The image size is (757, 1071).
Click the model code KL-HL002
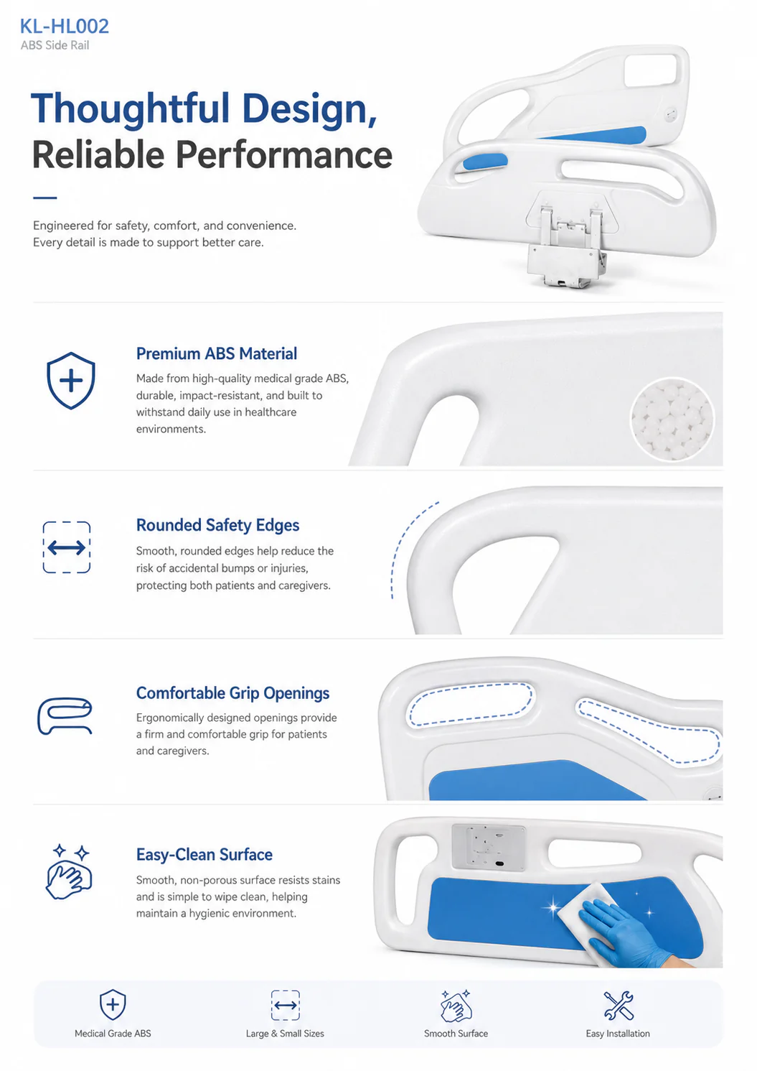click(65, 27)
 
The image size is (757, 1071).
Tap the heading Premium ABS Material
click(217, 354)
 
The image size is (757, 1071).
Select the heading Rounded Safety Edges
click(218, 525)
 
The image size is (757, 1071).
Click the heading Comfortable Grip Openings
click(232, 693)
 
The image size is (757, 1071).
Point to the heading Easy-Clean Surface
click(204, 854)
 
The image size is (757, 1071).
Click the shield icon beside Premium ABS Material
click(71, 381)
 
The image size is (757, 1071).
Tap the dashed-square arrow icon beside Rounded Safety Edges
click(67, 547)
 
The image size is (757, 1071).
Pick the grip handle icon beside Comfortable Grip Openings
click(65, 715)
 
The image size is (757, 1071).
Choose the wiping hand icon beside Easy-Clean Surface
click(69, 871)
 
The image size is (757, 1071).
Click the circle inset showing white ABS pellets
click(672, 419)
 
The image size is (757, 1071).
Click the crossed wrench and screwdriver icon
click(619, 1004)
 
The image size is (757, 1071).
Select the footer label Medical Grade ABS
click(113, 1033)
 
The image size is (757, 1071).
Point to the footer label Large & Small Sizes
click(285, 1033)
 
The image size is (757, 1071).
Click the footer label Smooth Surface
click(456, 1033)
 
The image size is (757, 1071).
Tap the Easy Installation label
click(618, 1033)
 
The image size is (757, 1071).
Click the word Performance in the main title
click(284, 155)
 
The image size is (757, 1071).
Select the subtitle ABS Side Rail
click(55, 45)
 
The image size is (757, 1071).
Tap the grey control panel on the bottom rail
click(488, 847)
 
